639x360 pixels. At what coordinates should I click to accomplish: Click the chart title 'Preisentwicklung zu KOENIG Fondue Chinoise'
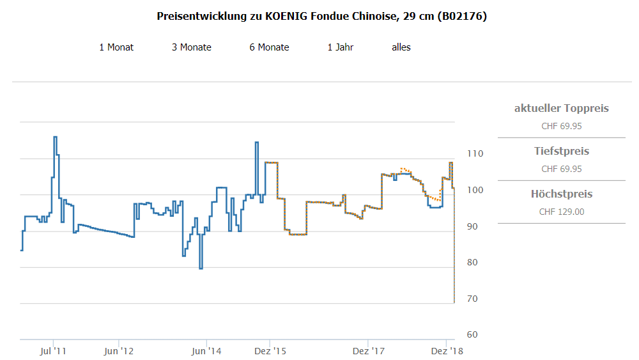tap(321, 17)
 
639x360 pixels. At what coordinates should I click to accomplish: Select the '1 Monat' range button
tap(116, 47)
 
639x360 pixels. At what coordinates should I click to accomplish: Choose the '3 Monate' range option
tap(192, 47)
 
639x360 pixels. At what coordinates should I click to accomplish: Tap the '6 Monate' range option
tap(269, 47)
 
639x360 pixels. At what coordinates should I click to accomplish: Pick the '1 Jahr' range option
tap(341, 47)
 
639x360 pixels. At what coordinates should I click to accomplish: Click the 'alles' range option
tap(401, 47)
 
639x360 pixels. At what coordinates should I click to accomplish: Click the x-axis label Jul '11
tap(53, 351)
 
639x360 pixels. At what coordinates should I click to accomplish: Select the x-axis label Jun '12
tap(119, 351)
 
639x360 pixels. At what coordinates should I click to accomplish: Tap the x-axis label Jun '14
tap(206, 351)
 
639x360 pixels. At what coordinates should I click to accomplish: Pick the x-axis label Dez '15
tap(270, 351)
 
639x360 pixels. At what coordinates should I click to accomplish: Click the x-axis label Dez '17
tap(369, 351)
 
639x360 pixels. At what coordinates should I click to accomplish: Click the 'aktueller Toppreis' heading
tap(562, 108)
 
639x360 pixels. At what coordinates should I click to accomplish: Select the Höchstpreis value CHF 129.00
tap(562, 212)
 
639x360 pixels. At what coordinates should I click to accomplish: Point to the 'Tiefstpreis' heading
tap(562, 152)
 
